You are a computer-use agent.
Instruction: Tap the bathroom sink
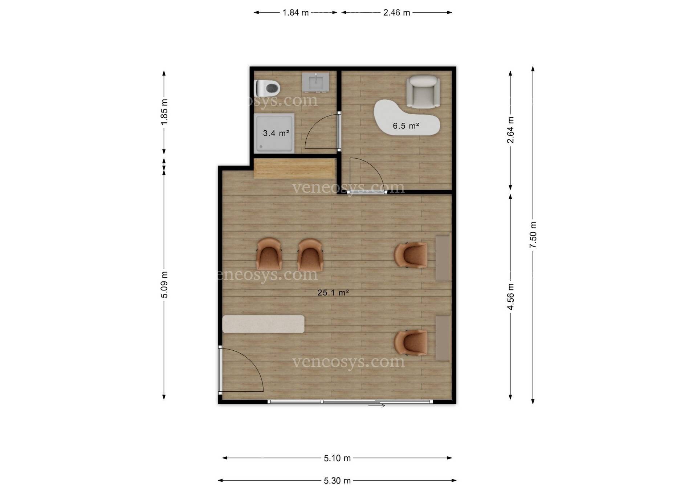pos(316,82)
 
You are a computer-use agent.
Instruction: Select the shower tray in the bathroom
pos(274,133)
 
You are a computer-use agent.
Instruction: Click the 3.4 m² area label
pos(276,133)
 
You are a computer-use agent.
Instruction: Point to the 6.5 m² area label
pos(406,126)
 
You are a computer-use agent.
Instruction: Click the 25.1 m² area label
pos(333,293)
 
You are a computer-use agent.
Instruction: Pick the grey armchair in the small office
pos(423,91)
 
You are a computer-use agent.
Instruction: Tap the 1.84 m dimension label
pos(295,13)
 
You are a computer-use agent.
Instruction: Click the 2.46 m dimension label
pos(397,13)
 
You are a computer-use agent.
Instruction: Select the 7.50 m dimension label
pos(533,235)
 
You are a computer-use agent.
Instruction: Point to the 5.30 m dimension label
pos(337,481)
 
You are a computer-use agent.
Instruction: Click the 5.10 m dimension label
pos(337,458)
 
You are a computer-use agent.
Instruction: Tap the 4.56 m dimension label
pos(510,297)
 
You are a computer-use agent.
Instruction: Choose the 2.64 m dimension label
pos(510,130)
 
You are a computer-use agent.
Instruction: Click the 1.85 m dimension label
pos(164,112)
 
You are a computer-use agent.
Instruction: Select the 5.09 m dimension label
pos(164,285)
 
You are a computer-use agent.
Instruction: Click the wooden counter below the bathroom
pos(294,168)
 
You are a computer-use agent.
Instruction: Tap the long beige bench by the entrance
pos(263,324)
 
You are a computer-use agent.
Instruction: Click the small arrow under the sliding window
pos(377,406)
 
